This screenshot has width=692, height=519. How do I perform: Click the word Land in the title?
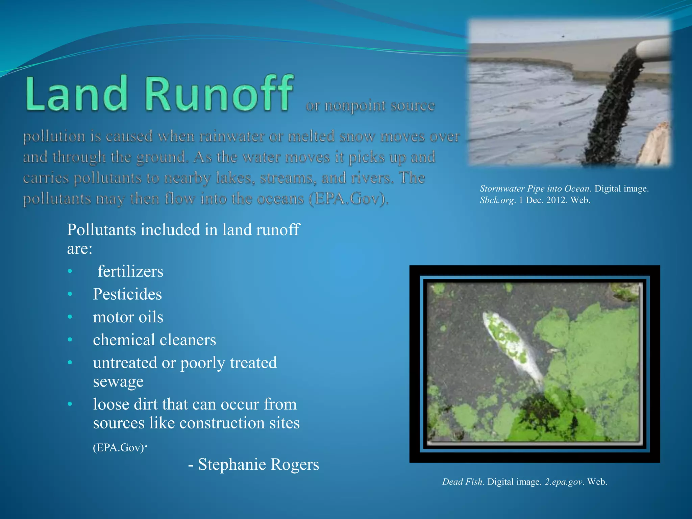(76, 94)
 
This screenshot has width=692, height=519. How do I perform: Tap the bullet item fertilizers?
(130, 271)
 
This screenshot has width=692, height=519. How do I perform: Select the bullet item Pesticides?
(127, 294)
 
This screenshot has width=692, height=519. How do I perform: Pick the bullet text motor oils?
(128, 317)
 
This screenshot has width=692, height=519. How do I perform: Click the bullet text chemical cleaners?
(154, 340)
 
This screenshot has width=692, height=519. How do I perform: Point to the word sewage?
(118, 381)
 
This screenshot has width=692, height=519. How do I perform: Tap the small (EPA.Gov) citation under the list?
(119, 448)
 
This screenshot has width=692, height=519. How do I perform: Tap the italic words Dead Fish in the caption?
(462, 482)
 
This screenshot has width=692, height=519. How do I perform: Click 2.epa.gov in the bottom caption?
(564, 482)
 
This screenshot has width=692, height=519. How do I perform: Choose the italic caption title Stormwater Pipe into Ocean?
(535, 189)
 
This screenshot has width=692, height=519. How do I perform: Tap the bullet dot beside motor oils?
(70, 317)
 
